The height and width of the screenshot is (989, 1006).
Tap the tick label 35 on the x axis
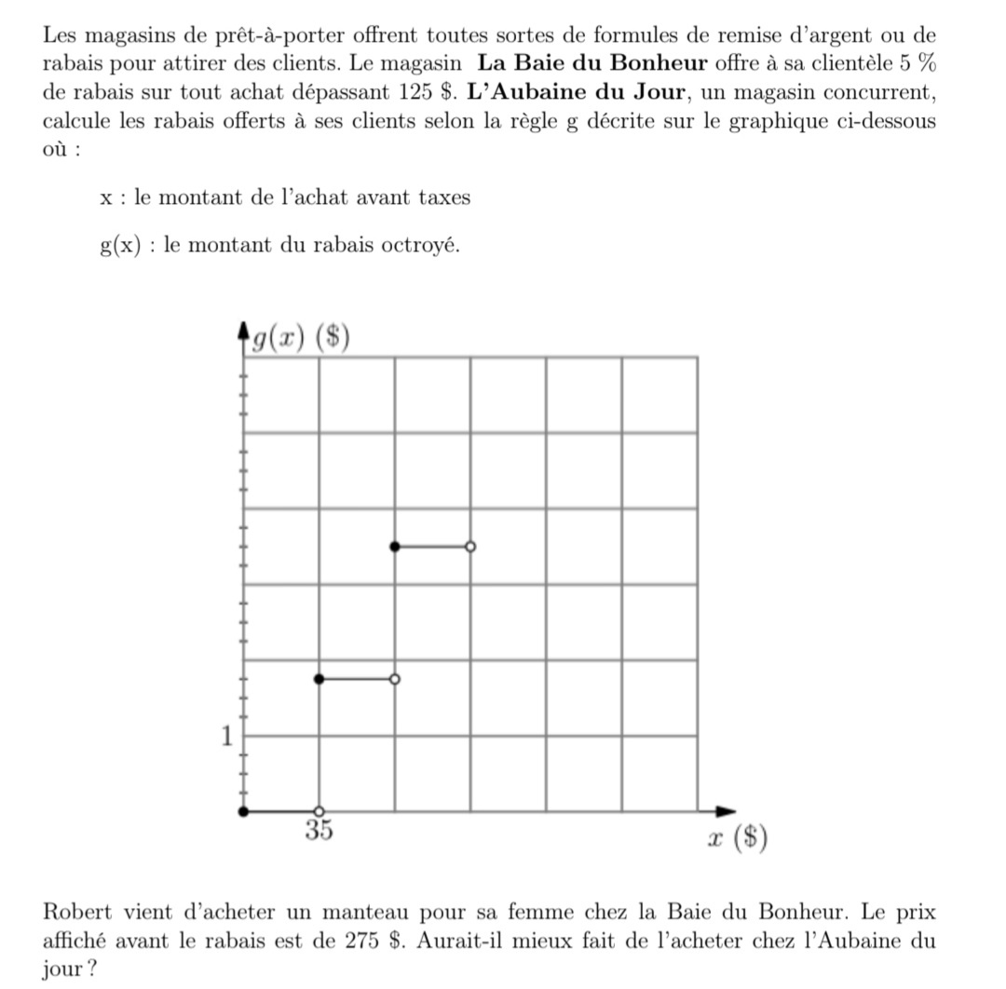(319, 830)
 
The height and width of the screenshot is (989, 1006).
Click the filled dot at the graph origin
(244, 811)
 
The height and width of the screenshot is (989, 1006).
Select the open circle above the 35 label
(319, 811)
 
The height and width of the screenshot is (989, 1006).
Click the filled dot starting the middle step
(319, 680)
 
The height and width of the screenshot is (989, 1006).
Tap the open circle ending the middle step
(395, 680)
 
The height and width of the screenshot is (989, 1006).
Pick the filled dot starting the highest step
(395, 547)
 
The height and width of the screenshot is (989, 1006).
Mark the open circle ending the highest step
(470, 547)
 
